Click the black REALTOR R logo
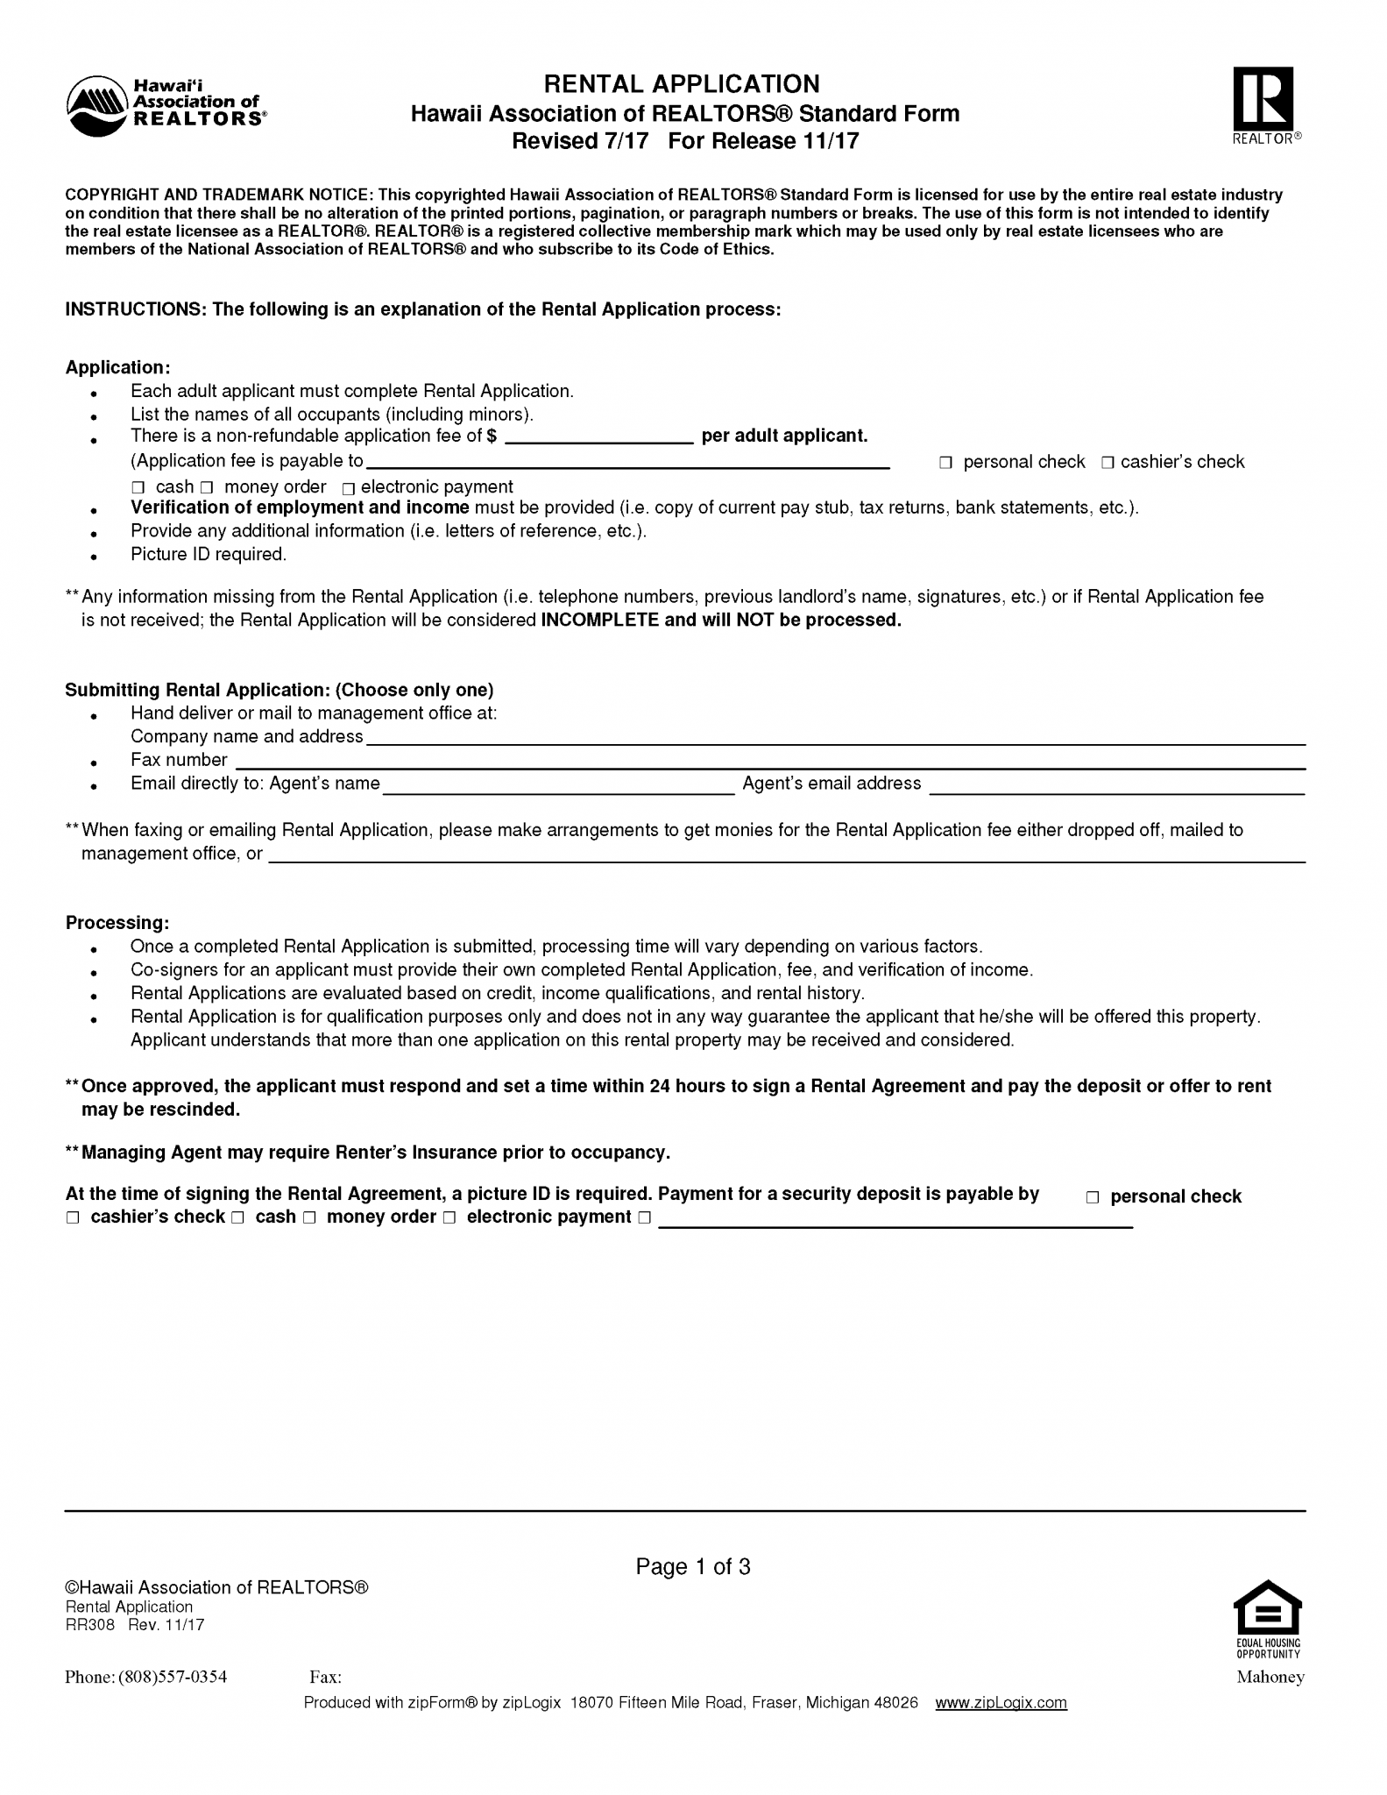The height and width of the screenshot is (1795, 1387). point(1263,98)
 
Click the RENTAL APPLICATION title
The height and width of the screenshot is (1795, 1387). point(682,84)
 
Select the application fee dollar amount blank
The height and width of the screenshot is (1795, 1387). point(599,436)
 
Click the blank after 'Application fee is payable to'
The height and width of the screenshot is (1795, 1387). point(626,462)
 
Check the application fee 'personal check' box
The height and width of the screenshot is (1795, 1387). point(945,463)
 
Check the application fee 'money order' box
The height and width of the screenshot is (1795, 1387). point(207,487)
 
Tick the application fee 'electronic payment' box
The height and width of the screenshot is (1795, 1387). point(349,488)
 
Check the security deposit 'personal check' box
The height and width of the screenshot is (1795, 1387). point(1093,1197)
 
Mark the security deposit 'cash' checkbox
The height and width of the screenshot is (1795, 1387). point(238,1217)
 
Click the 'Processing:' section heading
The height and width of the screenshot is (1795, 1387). point(117,923)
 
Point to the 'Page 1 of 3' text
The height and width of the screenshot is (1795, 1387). point(693,1566)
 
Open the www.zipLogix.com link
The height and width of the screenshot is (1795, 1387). point(1001,1702)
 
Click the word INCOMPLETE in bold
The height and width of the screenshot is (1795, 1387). point(599,621)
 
